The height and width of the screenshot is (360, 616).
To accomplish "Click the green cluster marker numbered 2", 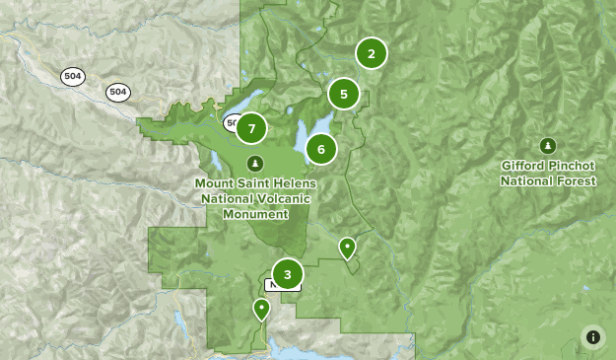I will [371, 53].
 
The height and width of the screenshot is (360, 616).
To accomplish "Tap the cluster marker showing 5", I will [343, 95].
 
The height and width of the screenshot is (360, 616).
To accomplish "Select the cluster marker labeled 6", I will [321, 149].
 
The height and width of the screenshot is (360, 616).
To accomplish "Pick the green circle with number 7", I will [252, 128].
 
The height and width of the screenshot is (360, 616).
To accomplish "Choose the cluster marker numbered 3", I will [287, 274].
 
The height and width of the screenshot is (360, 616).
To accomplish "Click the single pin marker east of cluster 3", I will [347, 247].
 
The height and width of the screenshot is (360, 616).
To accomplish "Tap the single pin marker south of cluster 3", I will [261, 309].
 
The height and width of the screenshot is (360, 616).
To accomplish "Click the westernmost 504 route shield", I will [72, 78].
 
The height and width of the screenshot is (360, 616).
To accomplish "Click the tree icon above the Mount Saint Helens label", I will [255, 163].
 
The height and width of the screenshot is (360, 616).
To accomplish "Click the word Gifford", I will [524, 166].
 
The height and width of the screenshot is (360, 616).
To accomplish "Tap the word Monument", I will [255, 214].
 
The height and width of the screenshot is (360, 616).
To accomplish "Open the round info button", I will [593, 336].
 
